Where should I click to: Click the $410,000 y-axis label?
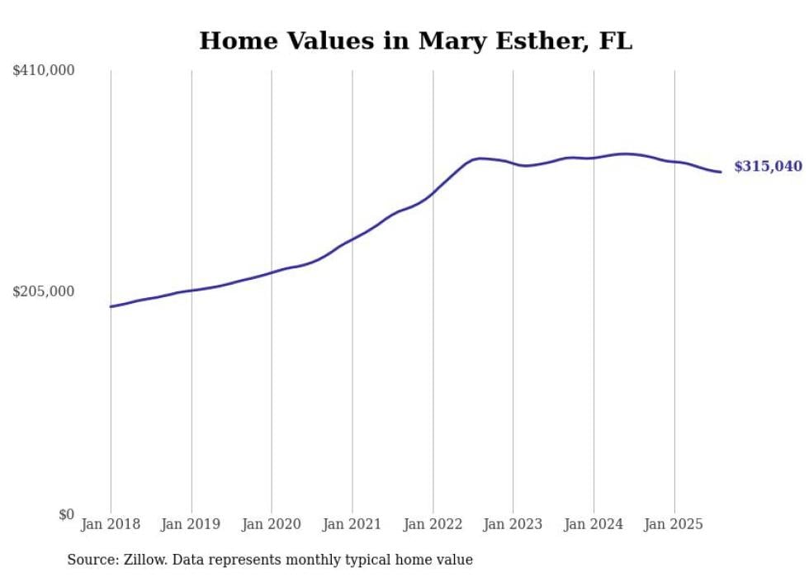click(44, 71)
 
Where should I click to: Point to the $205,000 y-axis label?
click(44, 291)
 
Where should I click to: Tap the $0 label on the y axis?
click(66, 514)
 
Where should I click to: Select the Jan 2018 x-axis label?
click(111, 524)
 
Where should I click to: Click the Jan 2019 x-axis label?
click(192, 524)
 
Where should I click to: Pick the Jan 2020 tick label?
click(272, 524)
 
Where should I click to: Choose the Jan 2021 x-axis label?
click(352, 524)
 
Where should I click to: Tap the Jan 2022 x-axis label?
click(433, 524)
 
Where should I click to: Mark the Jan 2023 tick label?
click(513, 524)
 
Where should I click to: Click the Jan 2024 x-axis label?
click(594, 524)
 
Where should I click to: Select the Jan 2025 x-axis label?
click(674, 524)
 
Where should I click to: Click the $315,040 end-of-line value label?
click(768, 167)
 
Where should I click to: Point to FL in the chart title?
click(615, 41)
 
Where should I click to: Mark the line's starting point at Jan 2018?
click(111, 306)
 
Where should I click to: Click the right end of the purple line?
click(721, 172)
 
